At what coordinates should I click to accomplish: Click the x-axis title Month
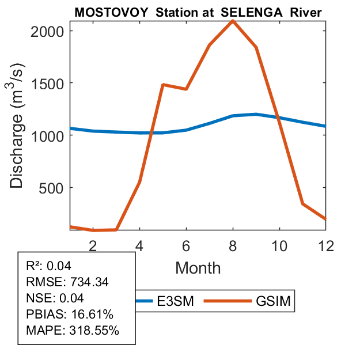198,267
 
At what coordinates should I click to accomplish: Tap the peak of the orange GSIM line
233,21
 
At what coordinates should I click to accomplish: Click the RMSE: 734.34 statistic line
67,282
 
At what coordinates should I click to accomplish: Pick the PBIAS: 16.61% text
70,314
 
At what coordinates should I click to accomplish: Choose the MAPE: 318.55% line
72,331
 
